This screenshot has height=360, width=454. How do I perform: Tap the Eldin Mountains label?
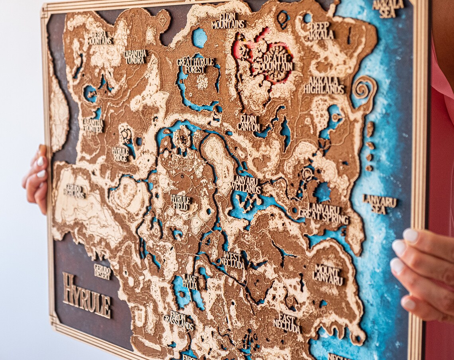(228, 21)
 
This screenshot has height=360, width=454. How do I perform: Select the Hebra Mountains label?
(100, 38)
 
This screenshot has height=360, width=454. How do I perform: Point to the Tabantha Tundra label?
(135, 57)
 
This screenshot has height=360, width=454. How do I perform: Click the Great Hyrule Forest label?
(195, 65)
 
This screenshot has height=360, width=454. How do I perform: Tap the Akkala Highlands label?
(324, 85)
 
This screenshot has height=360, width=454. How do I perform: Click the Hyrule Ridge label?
(120, 154)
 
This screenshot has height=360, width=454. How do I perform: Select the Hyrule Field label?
(181, 202)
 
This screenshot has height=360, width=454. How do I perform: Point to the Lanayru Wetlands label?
(246, 184)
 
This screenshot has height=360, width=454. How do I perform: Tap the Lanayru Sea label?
(380, 204)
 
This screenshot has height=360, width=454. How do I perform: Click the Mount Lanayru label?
(328, 274)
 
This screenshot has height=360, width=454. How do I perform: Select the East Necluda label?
(287, 323)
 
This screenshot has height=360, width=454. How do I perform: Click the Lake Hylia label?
(190, 282)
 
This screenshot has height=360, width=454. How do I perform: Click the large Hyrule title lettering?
(86, 295)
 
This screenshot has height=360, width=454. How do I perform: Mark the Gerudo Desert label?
(103, 271)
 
